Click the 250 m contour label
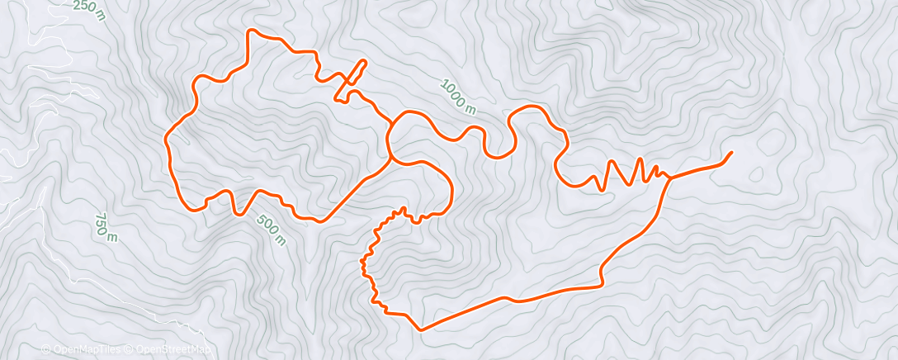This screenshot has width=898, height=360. [x=89, y=10]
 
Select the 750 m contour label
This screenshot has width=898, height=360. [x=105, y=225]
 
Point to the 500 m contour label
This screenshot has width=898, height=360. [x=272, y=230]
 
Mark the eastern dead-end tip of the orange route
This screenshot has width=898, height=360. [x=731, y=153]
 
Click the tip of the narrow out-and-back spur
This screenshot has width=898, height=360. [x=362, y=62]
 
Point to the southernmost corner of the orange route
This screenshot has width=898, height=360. [x=421, y=329]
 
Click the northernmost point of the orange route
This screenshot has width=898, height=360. [x=253, y=31]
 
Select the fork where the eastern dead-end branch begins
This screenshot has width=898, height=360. [x=669, y=178]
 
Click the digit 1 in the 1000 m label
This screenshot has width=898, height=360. [x=444, y=84]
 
